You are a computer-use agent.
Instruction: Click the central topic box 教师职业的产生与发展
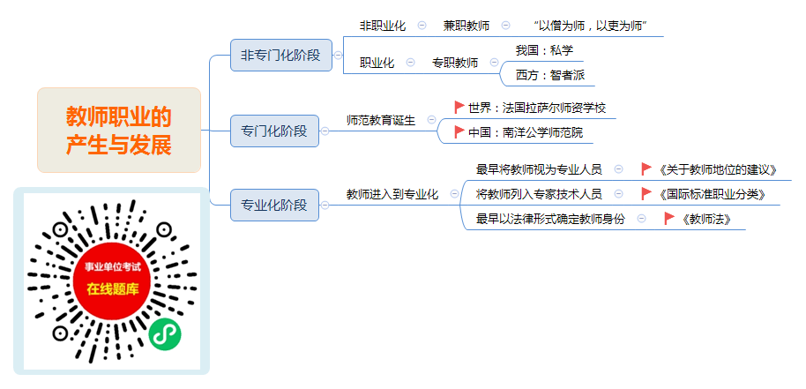click(x=119, y=130)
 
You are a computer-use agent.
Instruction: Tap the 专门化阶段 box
click(x=274, y=131)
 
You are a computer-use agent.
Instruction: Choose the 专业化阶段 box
click(x=274, y=205)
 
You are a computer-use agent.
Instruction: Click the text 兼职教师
click(x=466, y=26)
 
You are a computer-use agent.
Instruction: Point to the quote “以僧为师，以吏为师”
click(x=590, y=26)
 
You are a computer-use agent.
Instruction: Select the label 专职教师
click(x=455, y=63)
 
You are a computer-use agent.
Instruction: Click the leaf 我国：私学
click(x=544, y=50)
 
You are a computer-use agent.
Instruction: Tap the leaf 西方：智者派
click(x=549, y=76)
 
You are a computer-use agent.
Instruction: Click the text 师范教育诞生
click(x=381, y=120)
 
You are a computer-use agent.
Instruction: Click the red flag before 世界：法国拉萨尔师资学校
click(x=459, y=108)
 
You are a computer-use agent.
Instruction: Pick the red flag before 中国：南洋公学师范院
click(x=459, y=132)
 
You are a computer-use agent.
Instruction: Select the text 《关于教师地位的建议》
click(x=717, y=169)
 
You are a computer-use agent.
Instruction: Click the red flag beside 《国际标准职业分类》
click(x=646, y=194)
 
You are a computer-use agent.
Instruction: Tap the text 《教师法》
click(x=705, y=219)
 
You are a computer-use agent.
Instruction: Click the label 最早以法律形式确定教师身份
click(x=550, y=219)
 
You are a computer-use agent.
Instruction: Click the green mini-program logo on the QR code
click(x=165, y=334)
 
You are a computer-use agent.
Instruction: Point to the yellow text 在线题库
click(x=113, y=288)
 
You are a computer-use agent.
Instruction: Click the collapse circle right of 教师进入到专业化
click(x=454, y=194)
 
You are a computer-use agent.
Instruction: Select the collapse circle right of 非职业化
click(x=422, y=26)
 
